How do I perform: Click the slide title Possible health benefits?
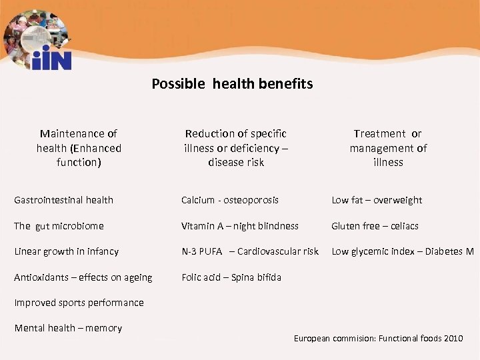click(232, 84)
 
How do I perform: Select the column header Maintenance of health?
click(79, 148)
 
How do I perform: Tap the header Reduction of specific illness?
click(235, 148)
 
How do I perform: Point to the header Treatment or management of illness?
click(388, 148)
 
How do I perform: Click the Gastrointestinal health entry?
click(64, 200)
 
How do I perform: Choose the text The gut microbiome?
click(59, 226)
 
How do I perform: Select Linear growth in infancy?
click(67, 251)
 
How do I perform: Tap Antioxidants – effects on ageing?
click(83, 277)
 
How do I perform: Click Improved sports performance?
click(79, 303)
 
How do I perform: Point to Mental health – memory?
click(68, 328)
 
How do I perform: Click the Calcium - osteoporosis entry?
click(230, 200)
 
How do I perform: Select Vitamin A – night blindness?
click(240, 226)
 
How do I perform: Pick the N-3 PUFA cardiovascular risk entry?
click(250, 251)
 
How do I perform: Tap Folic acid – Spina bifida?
click(231, 277)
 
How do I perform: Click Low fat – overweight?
click(377, 200)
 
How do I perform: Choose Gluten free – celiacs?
click(375, 226)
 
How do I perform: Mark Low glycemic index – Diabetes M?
click(403, 251)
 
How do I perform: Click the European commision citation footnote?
click(378, 339)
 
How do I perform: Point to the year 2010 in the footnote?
click(453, 339)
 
